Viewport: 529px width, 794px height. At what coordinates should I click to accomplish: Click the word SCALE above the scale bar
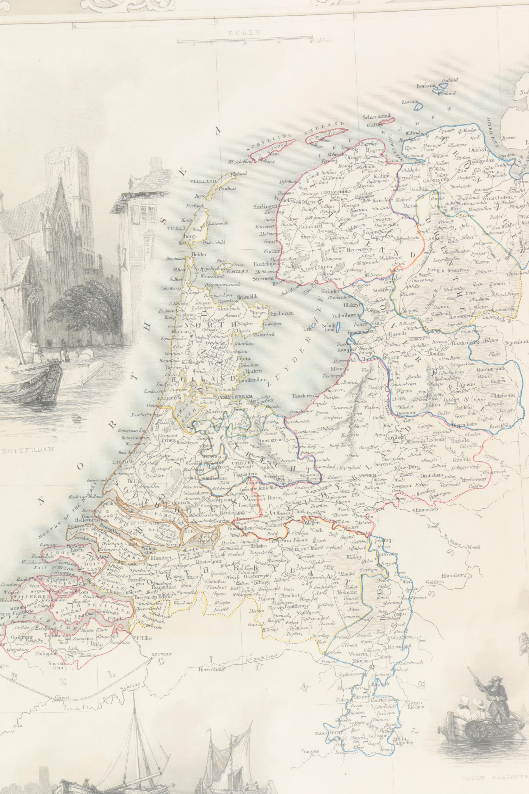pyautogui.click(x=245, y=33)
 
